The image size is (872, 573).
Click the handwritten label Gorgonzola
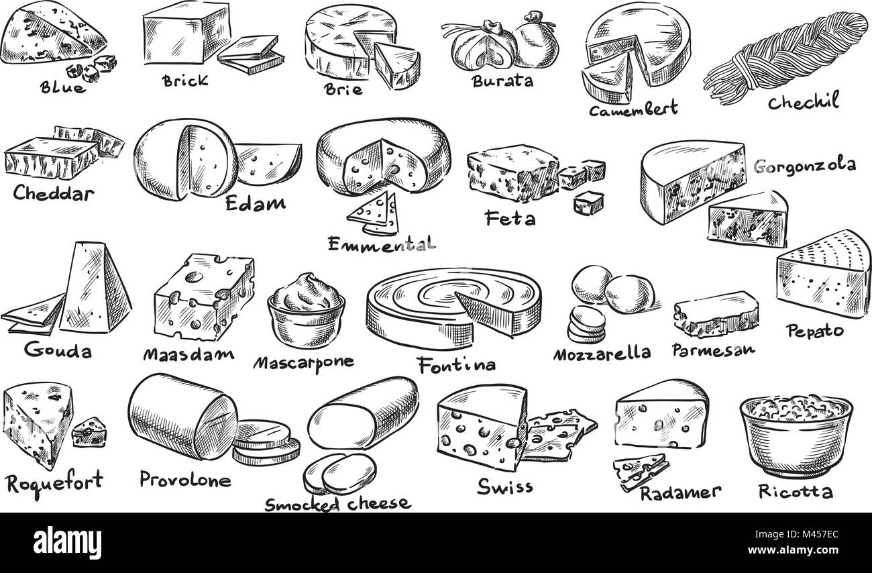point(805,166)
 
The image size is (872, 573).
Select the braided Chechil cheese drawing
point(783,58)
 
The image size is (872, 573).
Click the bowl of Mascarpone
point(307,311)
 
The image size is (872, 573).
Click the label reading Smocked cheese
point(337,505)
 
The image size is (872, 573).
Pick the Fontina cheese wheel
point(453,307)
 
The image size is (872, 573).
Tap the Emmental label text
point(382,244)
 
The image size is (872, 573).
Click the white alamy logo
point(67,543)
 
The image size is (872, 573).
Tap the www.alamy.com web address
point(793,550)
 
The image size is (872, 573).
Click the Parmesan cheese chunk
point(716,314)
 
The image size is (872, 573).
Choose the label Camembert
point(633,109)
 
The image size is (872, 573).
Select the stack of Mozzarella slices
point(587,325)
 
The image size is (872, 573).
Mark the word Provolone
point(185,480)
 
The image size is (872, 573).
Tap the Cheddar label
point(54,193)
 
